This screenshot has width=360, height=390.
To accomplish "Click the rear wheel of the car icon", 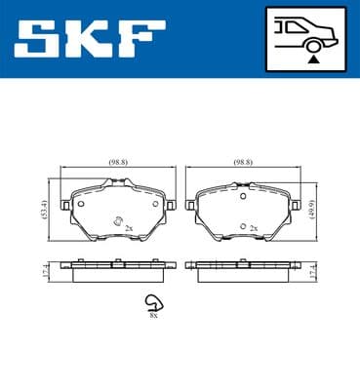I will click(311, 44).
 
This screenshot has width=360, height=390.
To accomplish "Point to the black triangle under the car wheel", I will click(311, 58).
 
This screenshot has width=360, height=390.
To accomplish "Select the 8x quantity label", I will click(154, 314).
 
